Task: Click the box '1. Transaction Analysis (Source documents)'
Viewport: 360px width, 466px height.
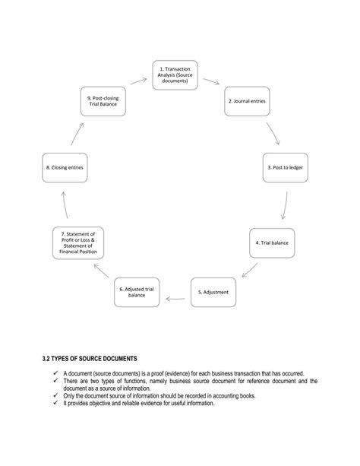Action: pos(175,75)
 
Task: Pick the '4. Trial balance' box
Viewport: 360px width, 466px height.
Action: pos(272,243)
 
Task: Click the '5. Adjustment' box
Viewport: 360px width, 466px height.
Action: pos(213,292)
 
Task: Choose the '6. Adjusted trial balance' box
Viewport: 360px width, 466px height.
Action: pos(137,292)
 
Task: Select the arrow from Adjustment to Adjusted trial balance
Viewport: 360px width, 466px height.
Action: pos(175,299)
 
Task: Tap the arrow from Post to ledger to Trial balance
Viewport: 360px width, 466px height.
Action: pos(283,205)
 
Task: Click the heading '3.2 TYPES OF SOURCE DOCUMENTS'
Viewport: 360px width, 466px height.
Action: pos(90,358)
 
